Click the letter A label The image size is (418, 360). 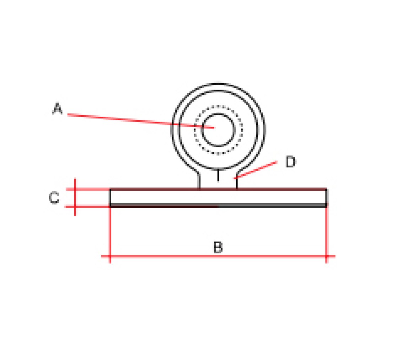[x=57, y=108]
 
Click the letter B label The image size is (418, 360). [x=218, y=247]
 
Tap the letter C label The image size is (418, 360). [x=54, y=198]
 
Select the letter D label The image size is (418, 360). [x=291, y=162]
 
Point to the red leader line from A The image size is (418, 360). [x=141, y=121]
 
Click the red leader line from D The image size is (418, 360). [x=256, y=170]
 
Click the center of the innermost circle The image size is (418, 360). [x=218, y=130]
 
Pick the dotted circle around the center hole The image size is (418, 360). [x=218, y=106]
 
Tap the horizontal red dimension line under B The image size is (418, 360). [x=218, y=256]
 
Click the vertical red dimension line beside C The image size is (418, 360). [x=75, y=197]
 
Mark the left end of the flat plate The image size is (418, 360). [x=110, y=198]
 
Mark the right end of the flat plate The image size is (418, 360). [x=327, y=198]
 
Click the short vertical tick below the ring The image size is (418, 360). [x=218, y=175]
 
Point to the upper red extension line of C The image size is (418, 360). [x=88, y=189]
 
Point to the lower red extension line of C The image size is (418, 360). [x=87, y=207]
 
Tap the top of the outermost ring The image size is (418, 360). [x=218, y=84]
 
